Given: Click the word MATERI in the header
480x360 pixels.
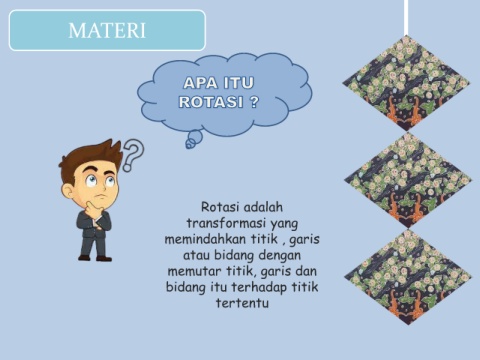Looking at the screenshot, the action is tap(107, 30).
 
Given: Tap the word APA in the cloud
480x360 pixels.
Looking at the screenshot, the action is tap(200, 83).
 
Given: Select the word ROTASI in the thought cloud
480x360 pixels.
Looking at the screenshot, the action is tap(211, 102).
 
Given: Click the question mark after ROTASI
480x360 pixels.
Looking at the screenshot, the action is tap(254, 102).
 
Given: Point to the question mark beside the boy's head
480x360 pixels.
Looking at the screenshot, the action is tap(133, 155).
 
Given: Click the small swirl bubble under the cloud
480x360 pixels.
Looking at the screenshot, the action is tap(194, 139).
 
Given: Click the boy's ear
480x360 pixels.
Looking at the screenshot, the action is tap(68, 191).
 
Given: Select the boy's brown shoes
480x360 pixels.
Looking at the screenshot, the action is tap(95, 258).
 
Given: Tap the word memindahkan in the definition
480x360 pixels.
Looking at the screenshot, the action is tap(205, 239).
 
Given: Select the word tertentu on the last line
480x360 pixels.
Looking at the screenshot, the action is tap(242, 303).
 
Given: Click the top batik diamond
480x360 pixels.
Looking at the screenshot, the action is tap(406, 83).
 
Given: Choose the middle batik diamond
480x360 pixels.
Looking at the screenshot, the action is tap(408, 180).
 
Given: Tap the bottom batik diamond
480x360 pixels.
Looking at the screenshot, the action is tap(408, 277).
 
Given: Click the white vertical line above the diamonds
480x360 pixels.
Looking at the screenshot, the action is tap(406, 18).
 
